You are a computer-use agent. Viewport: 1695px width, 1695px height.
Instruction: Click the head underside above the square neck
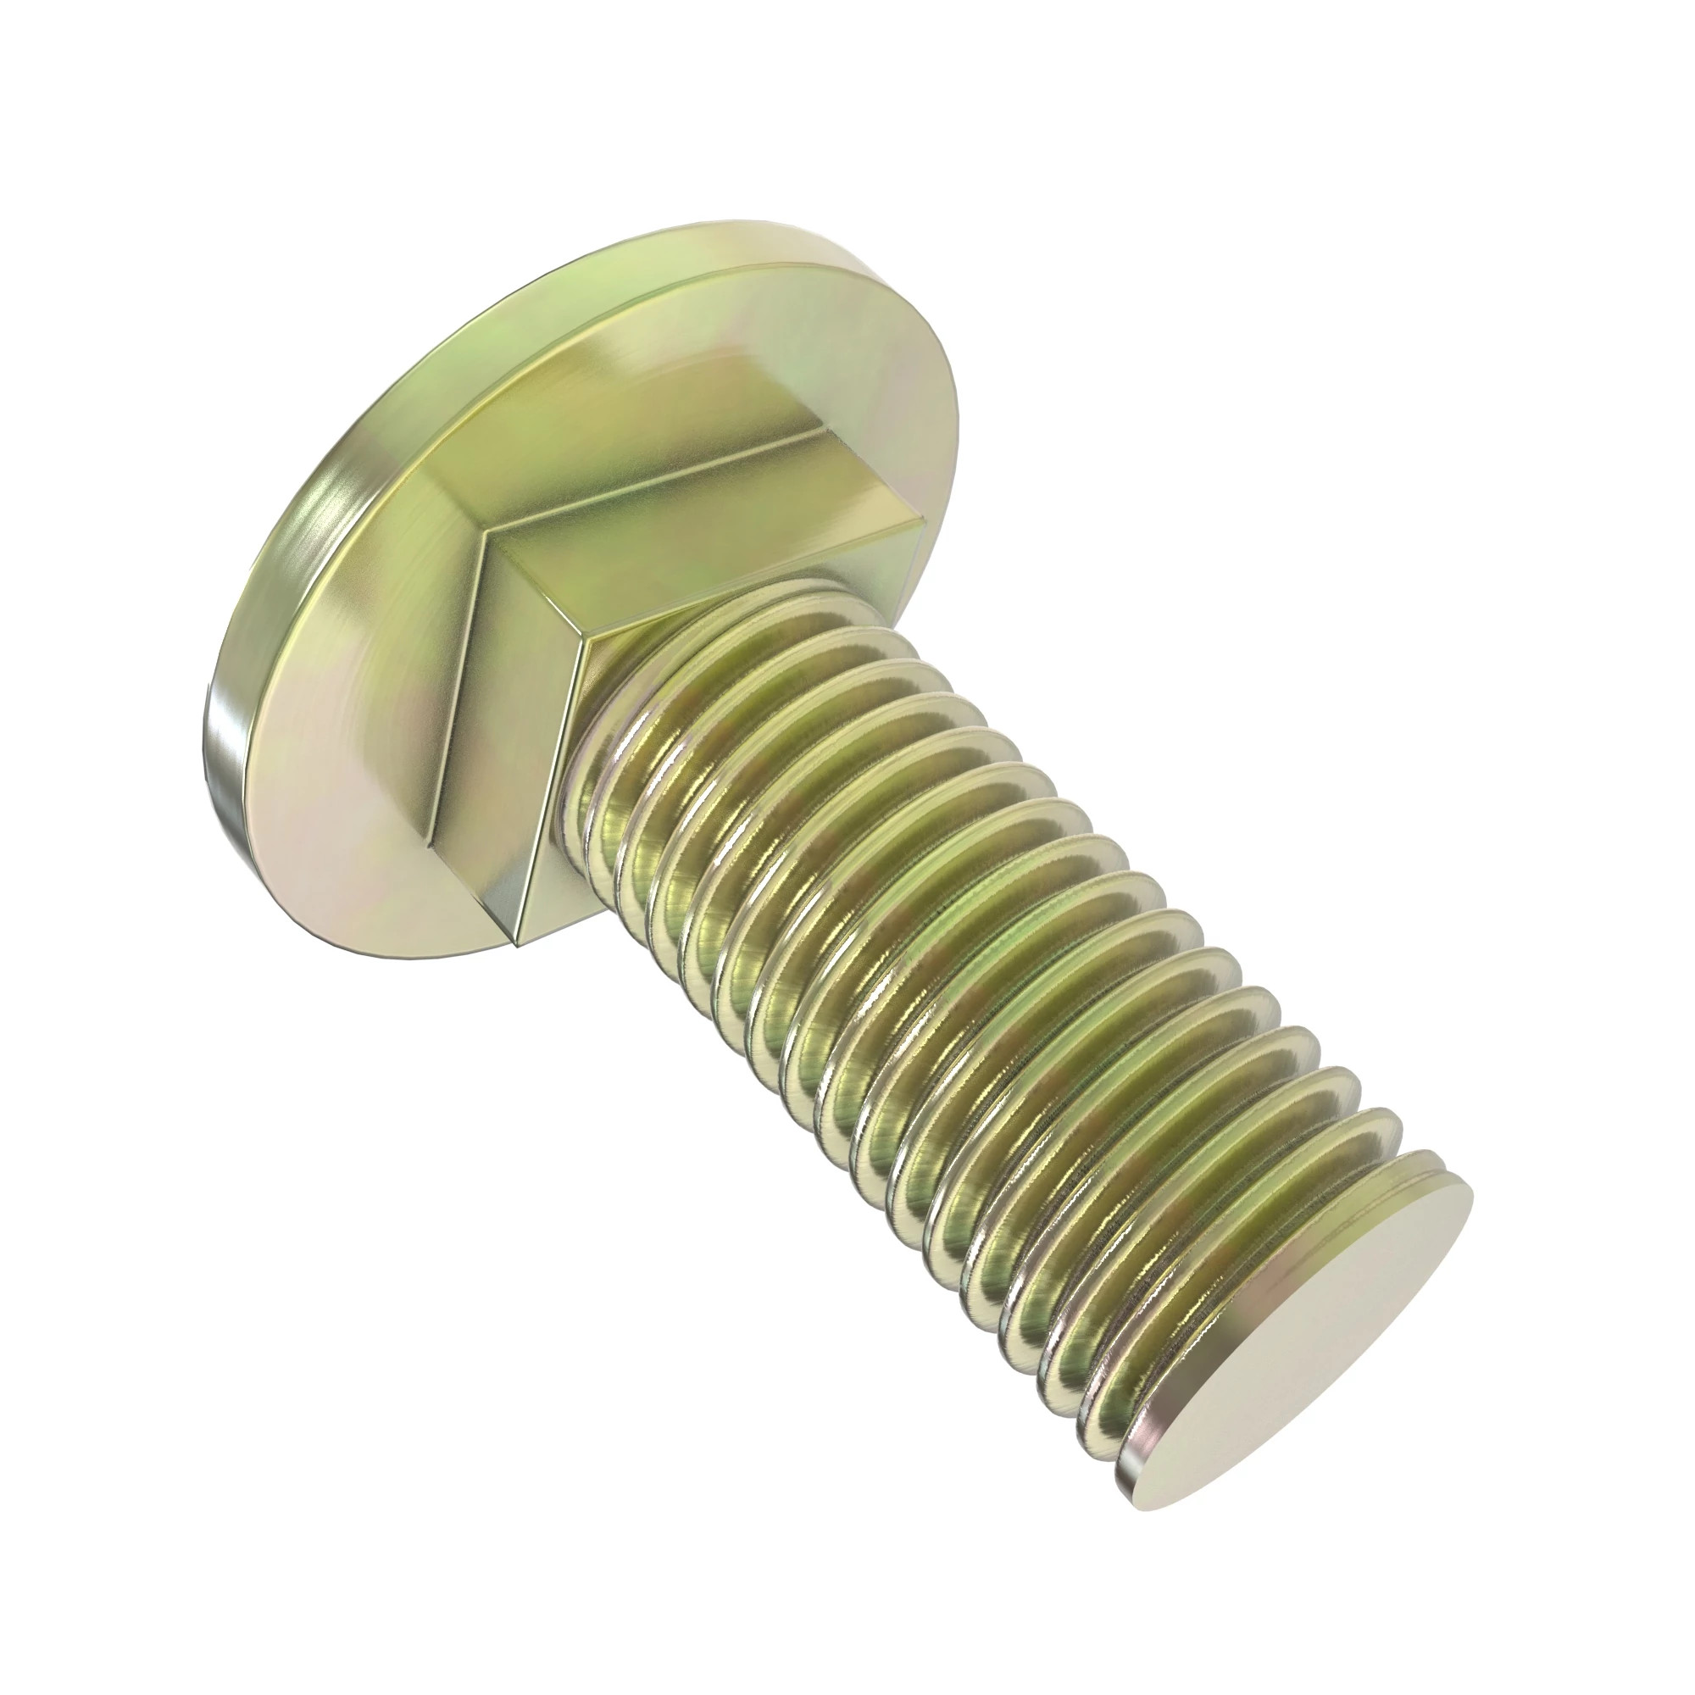coord(614,369)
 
